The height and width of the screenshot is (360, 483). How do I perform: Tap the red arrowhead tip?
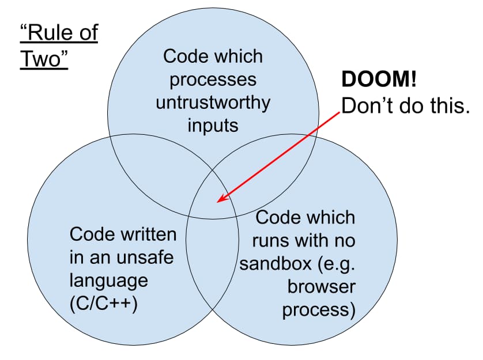pyautogui.click(x=218, y=202)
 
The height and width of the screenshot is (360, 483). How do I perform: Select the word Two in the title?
pyautogui.click(x=44, y=60)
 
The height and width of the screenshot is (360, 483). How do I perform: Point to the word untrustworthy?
pyautogui.click(x=213, y=103)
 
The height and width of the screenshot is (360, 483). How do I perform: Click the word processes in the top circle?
pyautogui.click(x=213, y=79)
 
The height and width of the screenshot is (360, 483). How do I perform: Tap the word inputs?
pyautogui.click(x=213, y=126)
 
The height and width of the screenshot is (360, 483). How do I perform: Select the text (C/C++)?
pyautogui.click(x=103, y=304)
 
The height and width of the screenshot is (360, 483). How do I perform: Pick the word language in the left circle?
pyautogui.click(x=109, y=281)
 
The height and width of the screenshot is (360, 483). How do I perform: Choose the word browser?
pyautogui.click(x=322, y=287)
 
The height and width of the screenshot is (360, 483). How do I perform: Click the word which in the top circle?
pyautogui.click(x=237, y=56)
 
